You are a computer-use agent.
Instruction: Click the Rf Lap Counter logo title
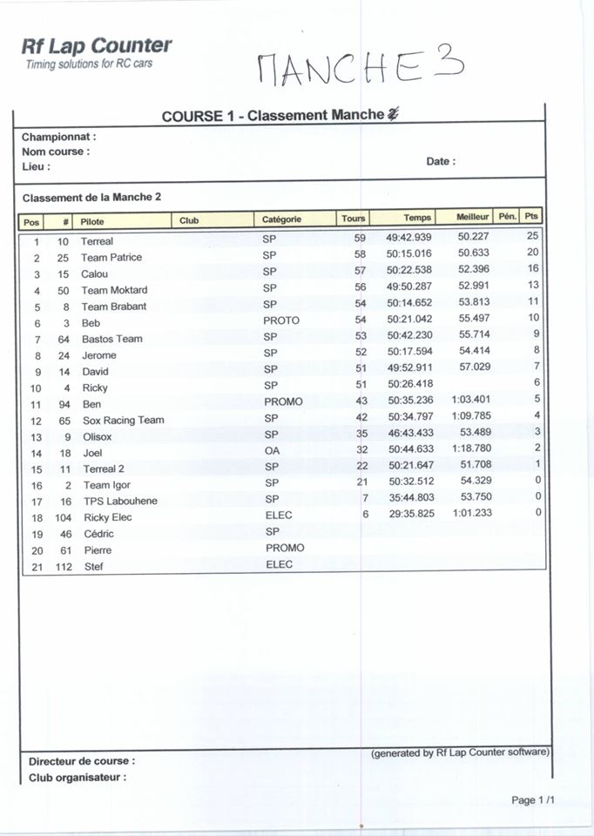(97, 46)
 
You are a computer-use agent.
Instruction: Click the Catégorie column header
(282, 219)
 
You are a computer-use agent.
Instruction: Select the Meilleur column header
(474, 218)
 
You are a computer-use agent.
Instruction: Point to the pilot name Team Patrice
(111, 258)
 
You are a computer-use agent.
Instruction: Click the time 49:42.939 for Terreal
(408, 238)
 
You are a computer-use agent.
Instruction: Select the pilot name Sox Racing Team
(123, 420)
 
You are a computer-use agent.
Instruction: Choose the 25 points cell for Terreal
(533, 236)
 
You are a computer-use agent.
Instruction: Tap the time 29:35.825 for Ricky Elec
(409, 515)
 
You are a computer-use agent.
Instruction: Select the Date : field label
(441, 161)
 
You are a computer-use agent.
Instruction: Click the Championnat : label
(59, 137)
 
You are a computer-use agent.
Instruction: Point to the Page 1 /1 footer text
(533, 800)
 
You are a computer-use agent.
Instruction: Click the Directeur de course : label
(82, 761)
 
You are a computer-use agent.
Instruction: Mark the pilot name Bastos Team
(111, 339)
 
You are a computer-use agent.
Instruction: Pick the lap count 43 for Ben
(361, 401)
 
